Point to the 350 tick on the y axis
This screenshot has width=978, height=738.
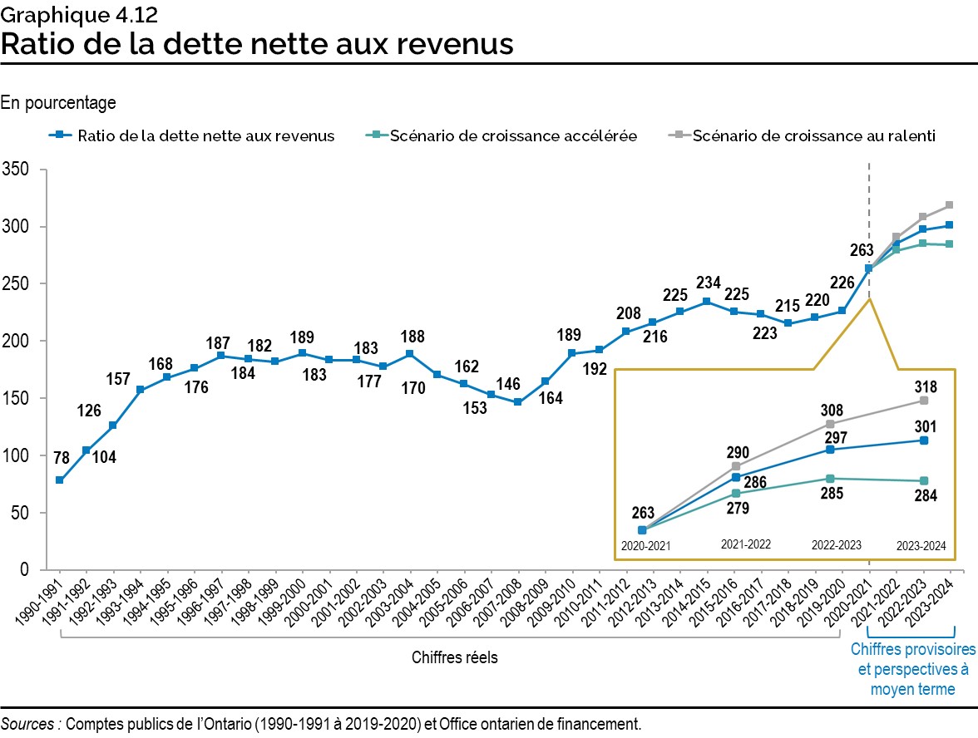pos(17,170)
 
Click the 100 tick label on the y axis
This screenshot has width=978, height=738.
pos(17,456)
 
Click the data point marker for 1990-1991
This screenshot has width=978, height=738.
pos(60,480)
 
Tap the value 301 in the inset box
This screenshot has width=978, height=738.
pos(926,426)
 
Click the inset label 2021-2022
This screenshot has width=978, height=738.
pos(745,545)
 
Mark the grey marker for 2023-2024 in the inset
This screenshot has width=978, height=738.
pos(924,401)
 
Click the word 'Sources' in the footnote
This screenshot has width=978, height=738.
pos(29,723)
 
